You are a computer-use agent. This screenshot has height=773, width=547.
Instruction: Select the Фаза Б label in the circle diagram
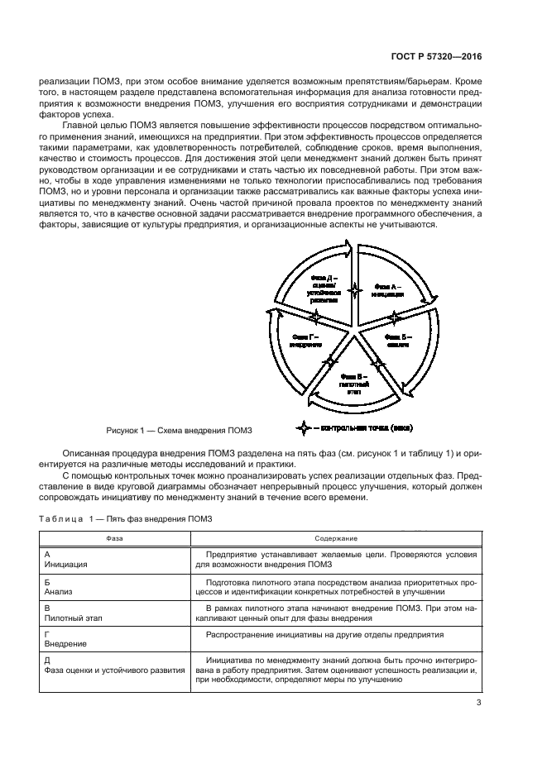pyautogui.click(x=400, y=341)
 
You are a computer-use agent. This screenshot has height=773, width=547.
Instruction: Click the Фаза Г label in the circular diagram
pyautogui.click(x=305, y=341)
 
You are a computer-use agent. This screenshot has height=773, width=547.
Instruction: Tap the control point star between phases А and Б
pyautogui.click(x=395, y=317)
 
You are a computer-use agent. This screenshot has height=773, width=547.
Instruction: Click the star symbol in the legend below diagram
pyautogui.click(x=305, y=427)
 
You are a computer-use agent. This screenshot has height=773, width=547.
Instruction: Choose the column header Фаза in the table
pyautogui.click(x=115, y=537)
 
